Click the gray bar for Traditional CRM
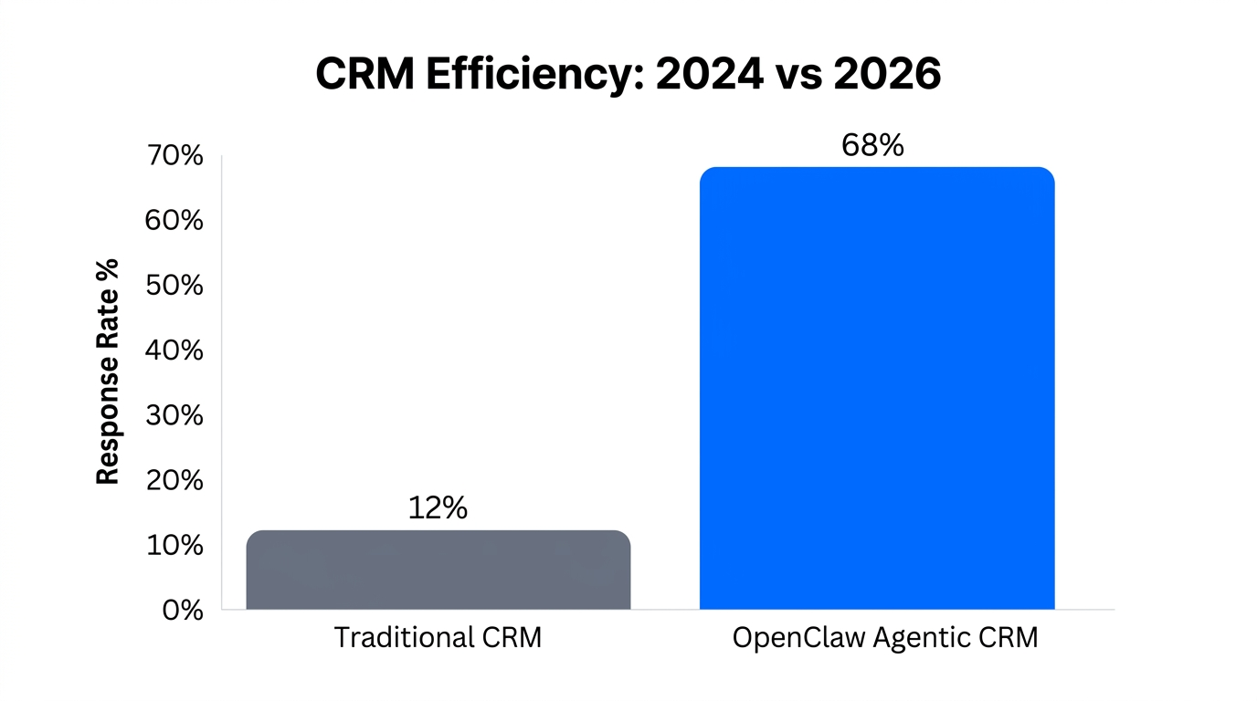pos(438,570)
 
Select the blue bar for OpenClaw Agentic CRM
pos(877,388)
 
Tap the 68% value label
pos(872,145)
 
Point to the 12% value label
pos(438,508)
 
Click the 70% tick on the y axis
pos(174,156)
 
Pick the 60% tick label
pos(174,221)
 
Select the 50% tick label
pos(174,286)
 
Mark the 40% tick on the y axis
pos(174,350)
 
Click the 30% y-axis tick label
pos(174,415)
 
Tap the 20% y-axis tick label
pos(174,480)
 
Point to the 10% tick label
pos(174,545)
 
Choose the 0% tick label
pos(182,610)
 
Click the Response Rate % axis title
pos(108,371)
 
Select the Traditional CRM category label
pos(438,637)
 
